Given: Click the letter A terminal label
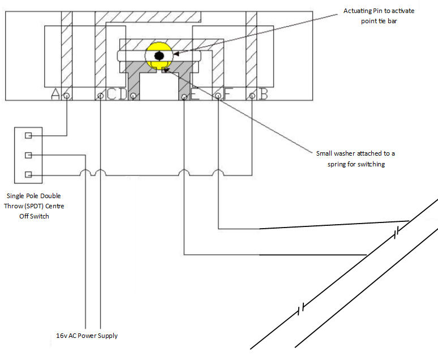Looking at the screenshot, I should click(55, 94).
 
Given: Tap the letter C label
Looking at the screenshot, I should click(111, 95).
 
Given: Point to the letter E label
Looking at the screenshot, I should click(195, 95).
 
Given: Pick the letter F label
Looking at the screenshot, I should click(229, 95).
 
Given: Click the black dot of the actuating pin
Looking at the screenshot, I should click(159, 55).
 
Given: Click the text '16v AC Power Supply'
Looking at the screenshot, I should click(83, 336).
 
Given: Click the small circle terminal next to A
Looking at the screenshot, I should click(67, 96).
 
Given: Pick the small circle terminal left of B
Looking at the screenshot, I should click(251, 96).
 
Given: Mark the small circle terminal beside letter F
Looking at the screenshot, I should click(218, 96).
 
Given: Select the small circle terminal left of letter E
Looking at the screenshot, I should click(184, 96).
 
